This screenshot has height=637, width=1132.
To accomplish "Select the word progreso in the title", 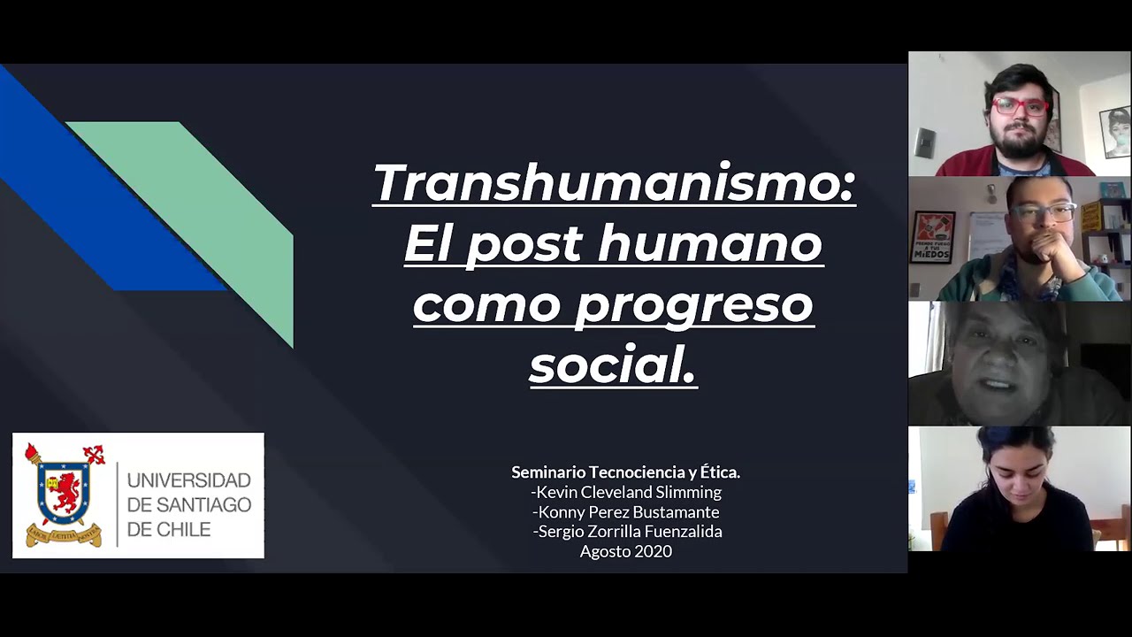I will click(x=694, y=304).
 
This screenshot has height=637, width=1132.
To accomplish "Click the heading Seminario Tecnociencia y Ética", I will click(x=625, y=472).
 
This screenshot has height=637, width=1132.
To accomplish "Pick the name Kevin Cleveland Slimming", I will click(x=628, y=492).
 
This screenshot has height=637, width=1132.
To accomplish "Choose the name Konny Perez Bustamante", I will click(x=628, y=511).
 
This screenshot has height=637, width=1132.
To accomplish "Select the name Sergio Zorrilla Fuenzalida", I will click(x=629, y=531).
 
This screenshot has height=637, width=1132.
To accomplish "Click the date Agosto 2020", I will click(x=625, y=551).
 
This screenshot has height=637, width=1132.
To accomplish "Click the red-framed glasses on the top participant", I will click(x=1020, y=106).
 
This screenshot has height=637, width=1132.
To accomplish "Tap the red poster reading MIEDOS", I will click(x=932, y=237).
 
